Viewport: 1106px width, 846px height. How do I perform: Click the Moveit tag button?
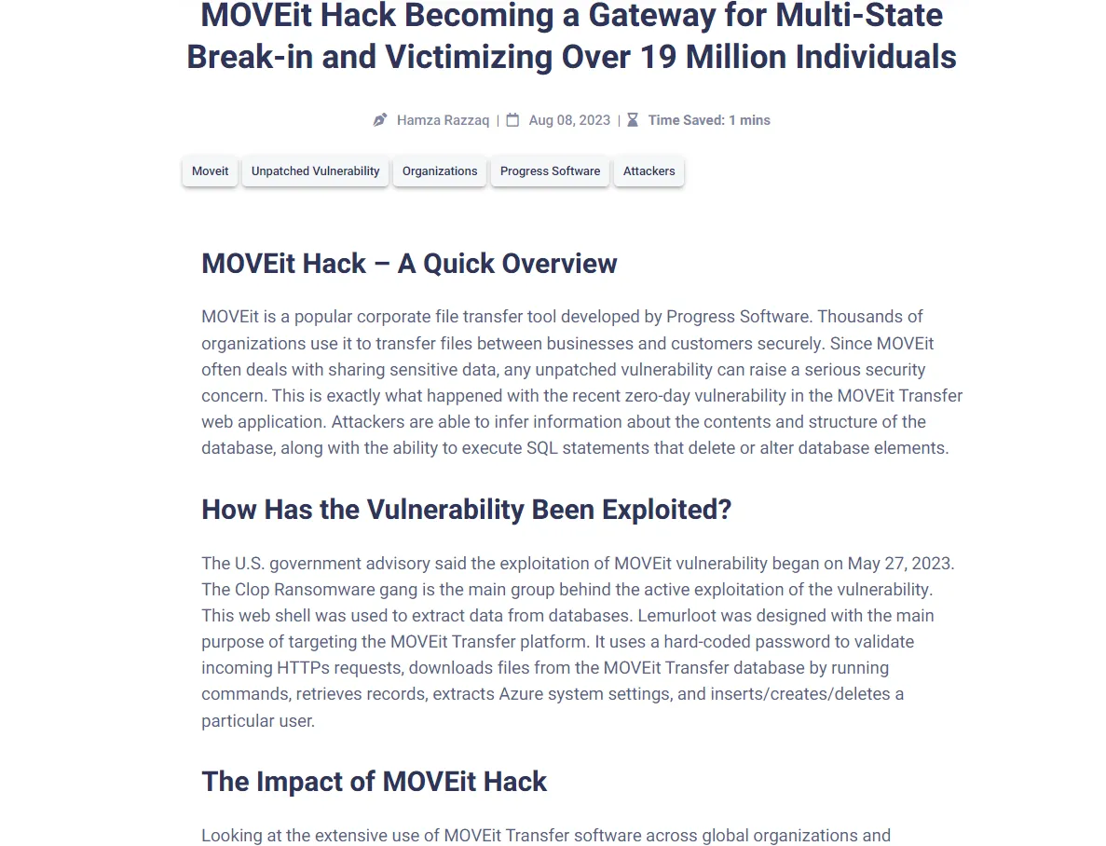pyautogui.click(x=210, y=171)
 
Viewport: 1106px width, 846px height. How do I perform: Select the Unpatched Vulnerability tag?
pyautogui.click(x=315, y=171)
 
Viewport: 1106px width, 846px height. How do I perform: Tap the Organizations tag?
pyautogui.click(x=440, y=171)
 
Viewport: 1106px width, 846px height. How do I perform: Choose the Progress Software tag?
pyautogui.click(x=550, y=171)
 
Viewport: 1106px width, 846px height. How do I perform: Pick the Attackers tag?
pyautogui.click(x=649, y=171)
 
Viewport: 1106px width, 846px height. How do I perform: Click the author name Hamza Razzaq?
pyautogui.click(x=443, y=120)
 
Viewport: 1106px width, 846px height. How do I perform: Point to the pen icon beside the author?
pyautogui.click(x=380, y=120)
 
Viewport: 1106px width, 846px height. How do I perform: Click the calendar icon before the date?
pyautogui.click(x=512, y=120)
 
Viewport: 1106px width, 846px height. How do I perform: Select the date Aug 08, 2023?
pyautogui.click(x=569, y=120)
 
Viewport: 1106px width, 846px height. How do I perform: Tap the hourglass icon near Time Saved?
pyautogui.click(x=633, y=120)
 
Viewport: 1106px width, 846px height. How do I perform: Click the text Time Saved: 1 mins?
pyautogui.click(x=709, y=120)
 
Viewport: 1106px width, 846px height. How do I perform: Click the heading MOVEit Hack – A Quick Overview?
pyautogui.click(x=409, y=264)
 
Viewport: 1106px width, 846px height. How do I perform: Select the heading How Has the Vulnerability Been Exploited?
pyautogui.click(x=466, y=510)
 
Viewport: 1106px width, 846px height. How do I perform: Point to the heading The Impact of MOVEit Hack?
pyautogui.click(x=374, y=782)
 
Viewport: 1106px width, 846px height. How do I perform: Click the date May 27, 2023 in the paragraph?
pyautogui.click(x=901, y=564)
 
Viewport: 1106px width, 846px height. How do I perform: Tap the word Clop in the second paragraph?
pyautogui.click(x=252, y=590)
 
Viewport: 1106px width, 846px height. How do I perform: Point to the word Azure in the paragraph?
pyautogui.click(x=523, y=694)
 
